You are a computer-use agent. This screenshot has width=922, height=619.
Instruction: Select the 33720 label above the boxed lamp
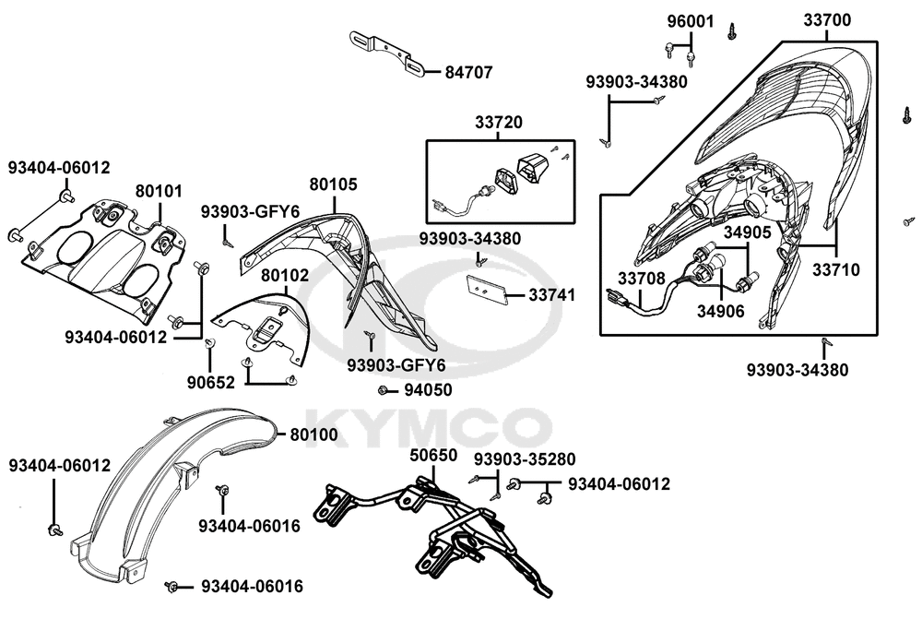499,122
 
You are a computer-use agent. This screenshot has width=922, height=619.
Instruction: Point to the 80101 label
159,192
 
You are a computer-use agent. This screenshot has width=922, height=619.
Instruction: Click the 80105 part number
333,185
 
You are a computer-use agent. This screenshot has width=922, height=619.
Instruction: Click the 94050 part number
429,390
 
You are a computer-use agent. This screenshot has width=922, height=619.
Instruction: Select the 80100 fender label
314,434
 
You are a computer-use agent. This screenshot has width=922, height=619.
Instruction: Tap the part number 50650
433,457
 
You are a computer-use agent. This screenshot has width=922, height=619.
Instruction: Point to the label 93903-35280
525,458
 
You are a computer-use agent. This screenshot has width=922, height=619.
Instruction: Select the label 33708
641,279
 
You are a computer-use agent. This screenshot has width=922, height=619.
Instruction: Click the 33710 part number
836,270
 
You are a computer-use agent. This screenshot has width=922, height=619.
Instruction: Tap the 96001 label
691,20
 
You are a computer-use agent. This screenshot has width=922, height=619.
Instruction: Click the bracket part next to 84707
385,52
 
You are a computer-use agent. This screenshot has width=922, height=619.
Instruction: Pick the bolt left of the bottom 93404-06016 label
172,587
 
